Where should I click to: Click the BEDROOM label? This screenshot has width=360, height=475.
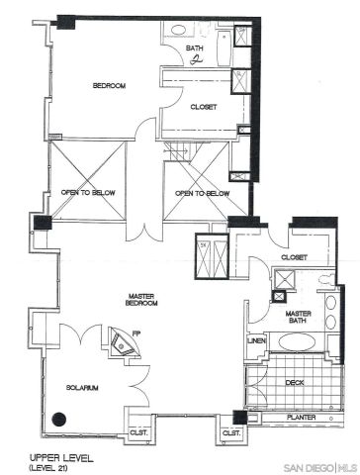pyautogui.click(x=109, y=86)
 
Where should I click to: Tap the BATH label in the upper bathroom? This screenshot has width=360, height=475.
pyautogui.click(x=198, y=47)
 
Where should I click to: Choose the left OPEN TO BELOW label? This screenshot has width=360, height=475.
pyautogui.click(x=88, y=193)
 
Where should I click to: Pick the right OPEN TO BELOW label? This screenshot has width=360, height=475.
pyautogui.click(x=202, y=193)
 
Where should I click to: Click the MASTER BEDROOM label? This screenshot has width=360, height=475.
pyautogui.click(x=151, y=300)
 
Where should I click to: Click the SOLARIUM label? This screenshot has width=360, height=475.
pyautogui.click(x=82, y=387)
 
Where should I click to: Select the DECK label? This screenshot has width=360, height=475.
pyautogui.click(x=295, y=380)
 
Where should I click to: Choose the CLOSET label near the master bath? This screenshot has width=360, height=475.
pyautogui.click(x=295, y=256)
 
